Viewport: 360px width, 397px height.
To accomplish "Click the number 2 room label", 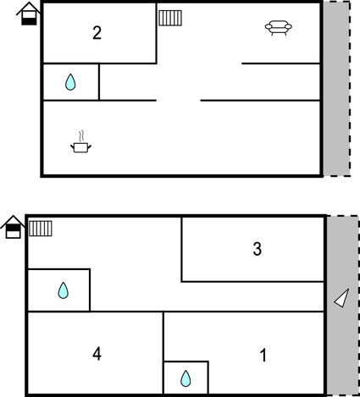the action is pyautogui.click(x=97, y=33).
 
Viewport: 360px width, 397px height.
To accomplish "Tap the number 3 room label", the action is pyautogui.click(x=257, y=249).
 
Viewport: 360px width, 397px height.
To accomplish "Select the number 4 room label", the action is pyautogui.click(x=97, y=354).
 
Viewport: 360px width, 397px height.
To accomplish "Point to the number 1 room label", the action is pyautogui.click(x=263, y=355).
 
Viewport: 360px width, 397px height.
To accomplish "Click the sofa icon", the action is pyautogui.click(x=279, y=28).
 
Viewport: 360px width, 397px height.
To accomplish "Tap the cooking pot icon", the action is pyautogui.click(x=80, y=147).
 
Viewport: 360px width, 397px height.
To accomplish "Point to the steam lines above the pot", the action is pyautogui.click(x=81, y=135).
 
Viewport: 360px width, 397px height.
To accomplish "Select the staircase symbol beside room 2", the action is pyautogui.click(x=170, y=18).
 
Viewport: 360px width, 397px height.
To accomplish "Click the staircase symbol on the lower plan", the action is pyautogui.click(x=41, y=229).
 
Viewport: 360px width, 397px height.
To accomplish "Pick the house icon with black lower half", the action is pyautogui.click(x=29, y=14).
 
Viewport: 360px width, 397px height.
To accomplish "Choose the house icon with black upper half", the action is pyautogui.click(x=13, y=227).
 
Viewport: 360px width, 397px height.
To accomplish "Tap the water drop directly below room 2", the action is pyautogui.click(x=70, y=82).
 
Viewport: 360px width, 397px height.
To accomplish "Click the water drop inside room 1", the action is pyautogui.click(x=186, y=378).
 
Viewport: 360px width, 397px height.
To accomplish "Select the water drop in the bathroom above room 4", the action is pyautogui.click(x=64, y=290).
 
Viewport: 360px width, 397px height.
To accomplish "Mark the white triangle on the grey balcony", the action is pyautogui.click(x=342, y=298).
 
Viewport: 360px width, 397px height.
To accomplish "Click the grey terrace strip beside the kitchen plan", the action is pyautogui.click(x=336, y=89).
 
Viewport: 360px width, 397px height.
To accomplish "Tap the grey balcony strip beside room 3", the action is pyautogui.click(x=343, y=306).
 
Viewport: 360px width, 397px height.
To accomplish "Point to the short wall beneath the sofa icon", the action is pyautogui.click(x=281, y=63).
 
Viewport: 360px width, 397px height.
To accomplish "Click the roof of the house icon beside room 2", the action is pyautogui.click(x=29, y=8).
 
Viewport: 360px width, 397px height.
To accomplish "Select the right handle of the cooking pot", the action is pyautogui.click(x=90, y=146).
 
